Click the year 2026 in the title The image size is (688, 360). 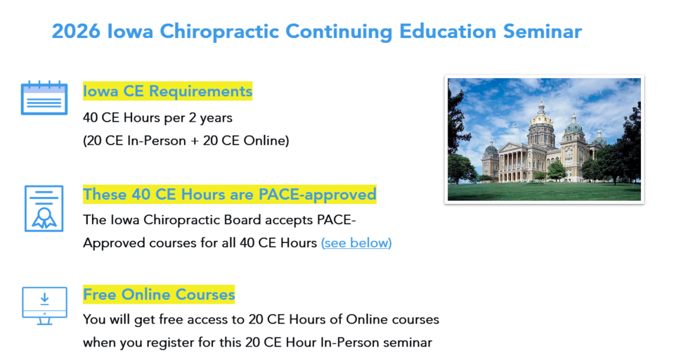tap(76, 32)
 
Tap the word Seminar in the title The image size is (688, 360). tap(543, 32)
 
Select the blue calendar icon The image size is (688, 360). tap(44, 98)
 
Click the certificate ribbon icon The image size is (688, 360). tap(44, 209)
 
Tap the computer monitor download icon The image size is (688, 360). tap(45, 306)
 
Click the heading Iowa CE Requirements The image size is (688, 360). tap(168, 91)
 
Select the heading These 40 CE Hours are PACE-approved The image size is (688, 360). tap(230, 194)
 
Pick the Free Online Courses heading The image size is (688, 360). tap(159, 294)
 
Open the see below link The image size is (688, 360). tap(356, 243)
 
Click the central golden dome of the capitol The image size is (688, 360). tap(542, 120)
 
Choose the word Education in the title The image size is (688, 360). tap(448, 32)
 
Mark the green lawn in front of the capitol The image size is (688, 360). tap(544, 191)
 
